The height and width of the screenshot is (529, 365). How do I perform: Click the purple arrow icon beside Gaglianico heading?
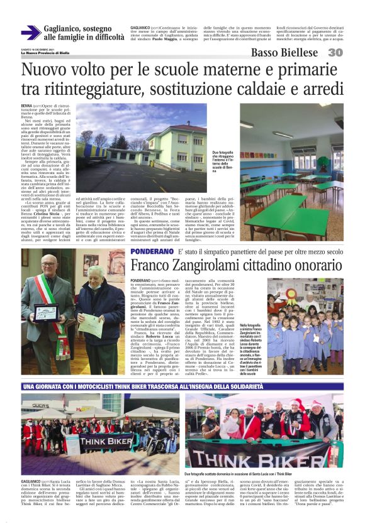click(x=30, y=32)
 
